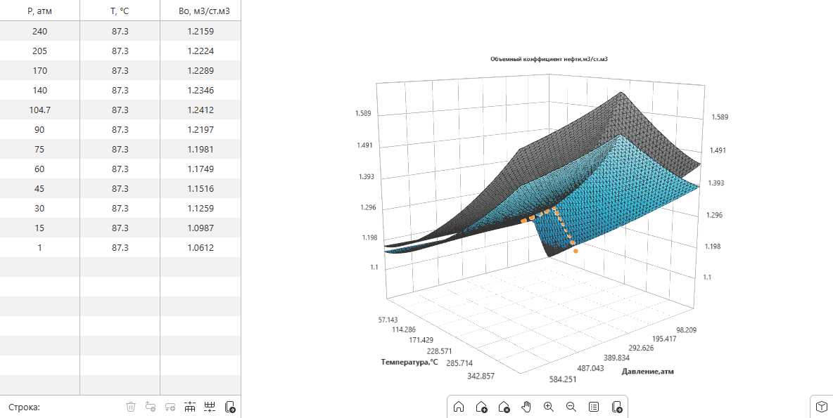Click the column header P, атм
[x=39, y=11]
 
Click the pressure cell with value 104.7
[x=39, y=110]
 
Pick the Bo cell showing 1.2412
[x=201, y=110]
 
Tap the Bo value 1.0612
[x=201, y=247]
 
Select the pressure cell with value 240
[x=39, y=32]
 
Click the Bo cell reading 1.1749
[x=201, y=169]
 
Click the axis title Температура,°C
[x=409, y=362]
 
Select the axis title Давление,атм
[x=647, y=372]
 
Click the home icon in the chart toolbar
[x=459, y=407]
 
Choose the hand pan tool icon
[x=526, y=407]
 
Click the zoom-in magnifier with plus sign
[x=549, y=407]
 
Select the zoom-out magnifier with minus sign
[x=571, y=407]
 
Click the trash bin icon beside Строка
[x=131, y=407]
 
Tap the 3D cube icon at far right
[x=821, y=407]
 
